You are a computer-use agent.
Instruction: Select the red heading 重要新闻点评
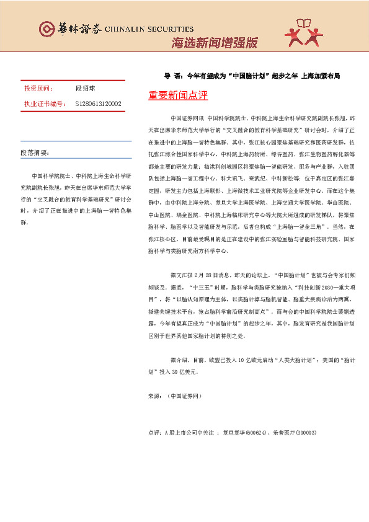(178, 95)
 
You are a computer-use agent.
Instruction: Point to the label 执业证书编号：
(45, 104)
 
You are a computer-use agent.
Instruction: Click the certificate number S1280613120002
(99, 104)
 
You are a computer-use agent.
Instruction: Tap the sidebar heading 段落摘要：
(35, 152)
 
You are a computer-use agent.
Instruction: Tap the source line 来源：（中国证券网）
(176, 395)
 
